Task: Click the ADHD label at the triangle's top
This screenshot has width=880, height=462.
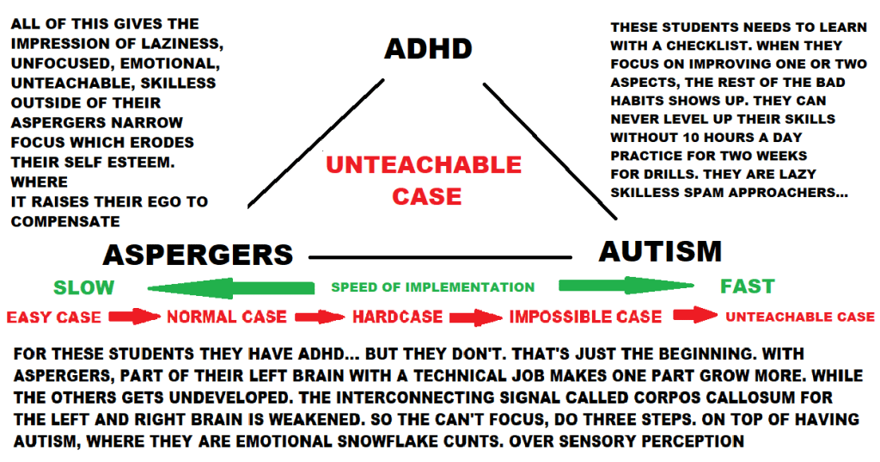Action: pyautogui.click(x=428, y=48)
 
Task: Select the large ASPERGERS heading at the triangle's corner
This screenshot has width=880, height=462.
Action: pyautogui.click(x=198, y=255)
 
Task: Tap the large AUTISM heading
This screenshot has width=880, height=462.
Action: pyautogui.click(x=660, y=251)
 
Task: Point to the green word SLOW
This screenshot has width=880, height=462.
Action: pyautogui.click(x=83, y=287)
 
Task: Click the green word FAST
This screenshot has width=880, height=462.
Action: pyautogui.click(x=748, y=286)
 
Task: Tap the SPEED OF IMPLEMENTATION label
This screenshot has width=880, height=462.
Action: pyautogui.click(x=432, y=287)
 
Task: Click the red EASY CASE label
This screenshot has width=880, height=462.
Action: pyautogui.click(x=53, y=317)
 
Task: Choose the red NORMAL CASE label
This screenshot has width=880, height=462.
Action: pyautogui.click(x=227, y=317)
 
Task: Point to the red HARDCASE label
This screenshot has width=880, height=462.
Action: pyautogui.click(x=397, y=317)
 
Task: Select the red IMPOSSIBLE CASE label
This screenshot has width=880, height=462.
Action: pyautogui.click(x=585, y=317)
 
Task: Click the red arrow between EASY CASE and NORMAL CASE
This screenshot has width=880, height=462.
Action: pyautogui.click(x=135, y=316)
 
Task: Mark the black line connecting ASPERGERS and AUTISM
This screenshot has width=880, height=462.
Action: pyautogui.click(x=440, y=256)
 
